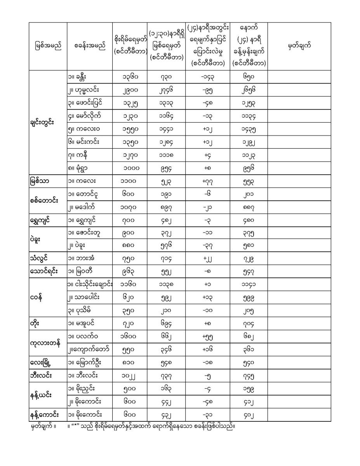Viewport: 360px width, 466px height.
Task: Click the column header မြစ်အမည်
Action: point(48,46)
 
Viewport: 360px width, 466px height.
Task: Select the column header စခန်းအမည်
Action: point(90,46)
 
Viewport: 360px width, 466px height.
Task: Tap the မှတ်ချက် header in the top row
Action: point(299,46)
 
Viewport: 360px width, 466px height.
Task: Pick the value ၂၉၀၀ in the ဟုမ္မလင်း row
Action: point(130,90)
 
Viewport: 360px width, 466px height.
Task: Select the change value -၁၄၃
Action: point(208,77)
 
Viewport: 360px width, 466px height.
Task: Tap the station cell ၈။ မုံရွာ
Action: point(80,168)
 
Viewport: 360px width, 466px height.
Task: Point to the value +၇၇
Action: point(208,181)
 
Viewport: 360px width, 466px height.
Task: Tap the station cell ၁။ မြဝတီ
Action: point(81,272)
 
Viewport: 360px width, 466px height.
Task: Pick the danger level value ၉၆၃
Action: point(130,272)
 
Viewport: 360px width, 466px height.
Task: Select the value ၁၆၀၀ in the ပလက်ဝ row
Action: point(130,337)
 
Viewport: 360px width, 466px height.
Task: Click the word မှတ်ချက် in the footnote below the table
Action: point(43,426)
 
